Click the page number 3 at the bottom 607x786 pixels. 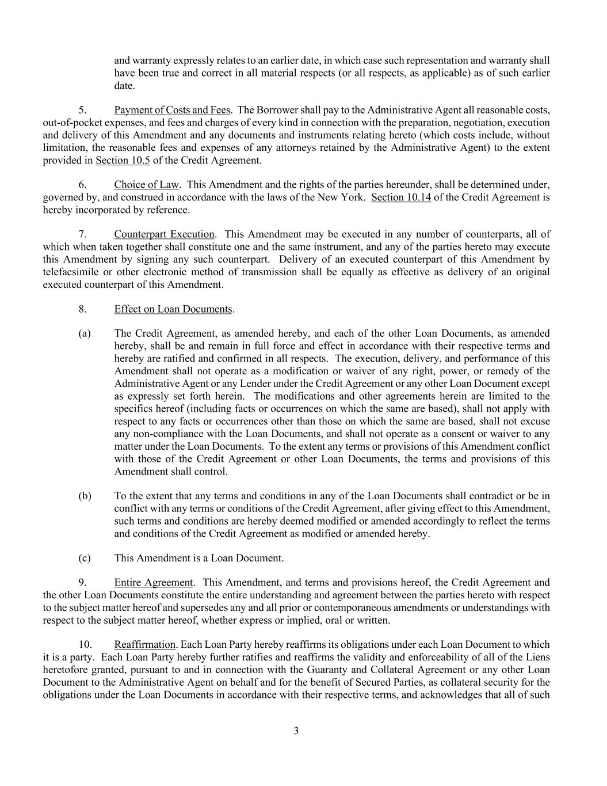296,731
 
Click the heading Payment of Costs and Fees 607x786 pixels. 172,110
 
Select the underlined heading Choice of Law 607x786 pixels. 146,185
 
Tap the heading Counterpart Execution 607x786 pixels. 165,234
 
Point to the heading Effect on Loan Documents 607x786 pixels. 173,309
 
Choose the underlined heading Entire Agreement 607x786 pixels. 154,583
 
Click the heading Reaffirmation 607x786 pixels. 145,645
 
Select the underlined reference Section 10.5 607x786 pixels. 123,161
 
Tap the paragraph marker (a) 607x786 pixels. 85,334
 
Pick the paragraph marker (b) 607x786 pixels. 85,496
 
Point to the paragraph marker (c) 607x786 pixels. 85,558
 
